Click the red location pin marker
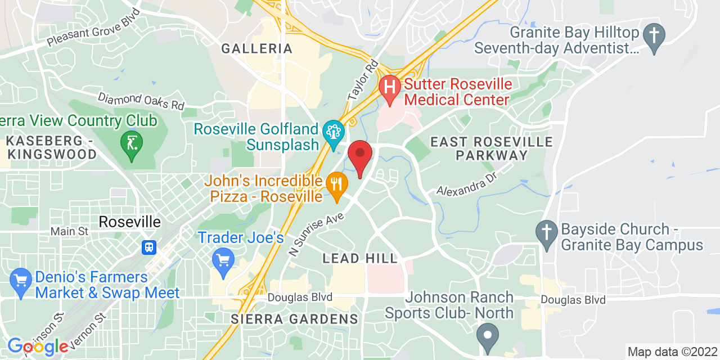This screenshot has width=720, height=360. click(x=360, y=156)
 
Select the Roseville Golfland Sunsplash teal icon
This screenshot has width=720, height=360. click(x=334, y=133)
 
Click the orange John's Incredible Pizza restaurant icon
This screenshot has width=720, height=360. click(x=336, y=184)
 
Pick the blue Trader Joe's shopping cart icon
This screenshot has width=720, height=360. click(x=224, y=260)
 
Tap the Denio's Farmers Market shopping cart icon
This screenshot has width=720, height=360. click(x=21, y=280)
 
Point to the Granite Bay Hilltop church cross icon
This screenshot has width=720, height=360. click(x=654, y=35)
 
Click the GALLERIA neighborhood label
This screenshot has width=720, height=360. click(x=257, y=49)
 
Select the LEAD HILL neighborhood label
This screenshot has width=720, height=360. click(x=360, y=259)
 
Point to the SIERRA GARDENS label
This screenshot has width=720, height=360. click(x=295, y=319)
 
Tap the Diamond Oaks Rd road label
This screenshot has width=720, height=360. click(x=141, y=101)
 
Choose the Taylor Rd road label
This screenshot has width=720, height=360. click(x=363, y=80)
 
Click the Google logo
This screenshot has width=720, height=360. click(x=37, y=346)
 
